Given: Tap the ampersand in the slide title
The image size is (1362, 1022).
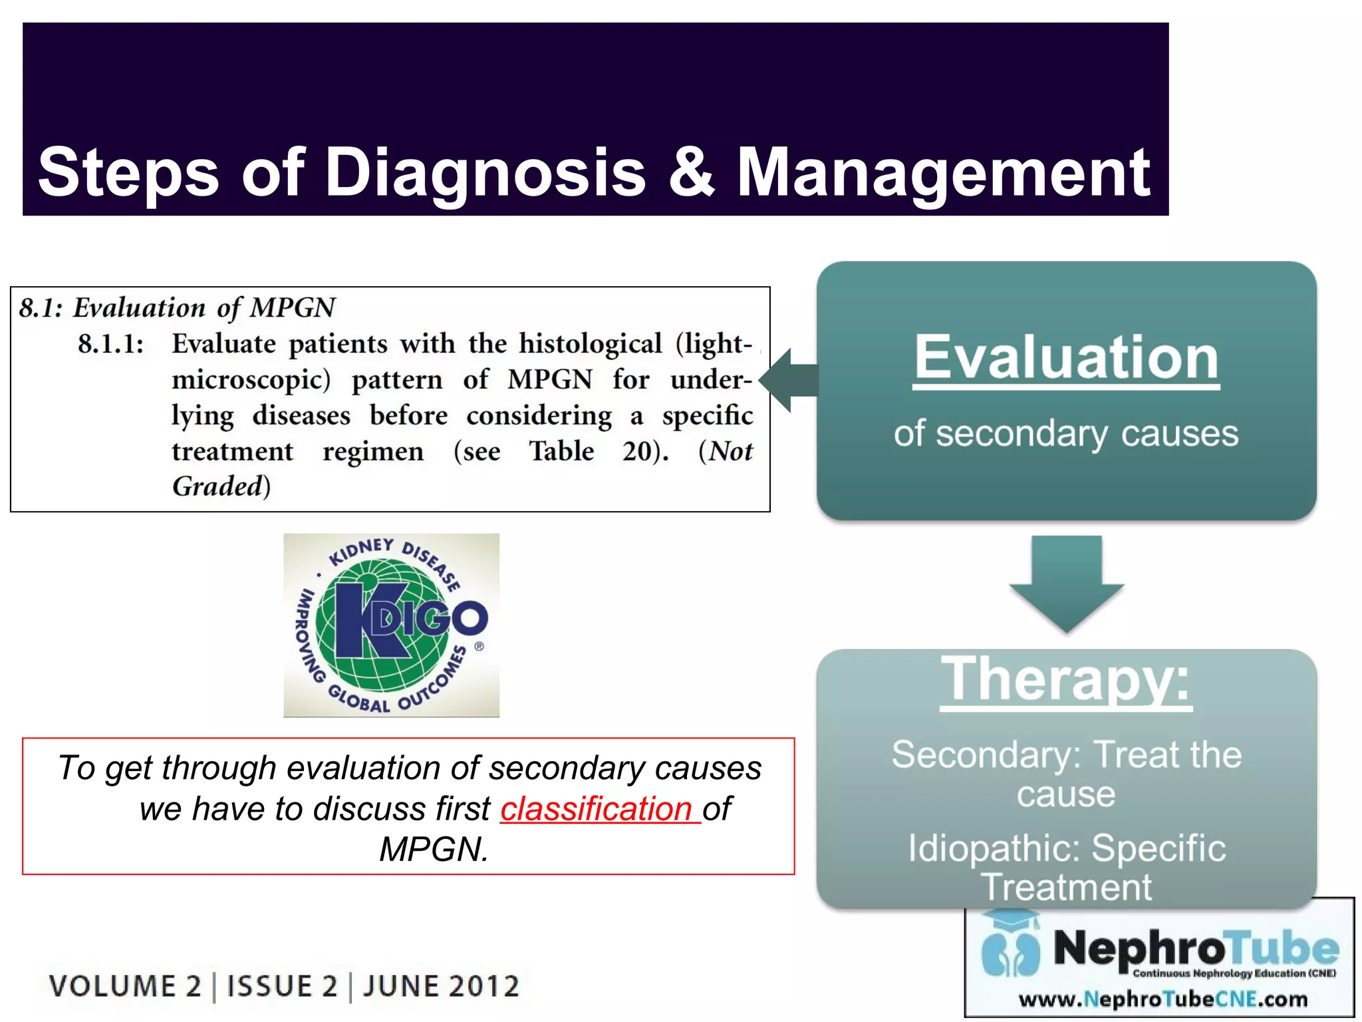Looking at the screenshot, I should tap(692, 173).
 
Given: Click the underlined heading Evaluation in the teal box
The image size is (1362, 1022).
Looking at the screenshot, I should tap(1066, 358).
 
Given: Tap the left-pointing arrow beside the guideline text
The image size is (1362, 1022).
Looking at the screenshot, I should tap(789, 381).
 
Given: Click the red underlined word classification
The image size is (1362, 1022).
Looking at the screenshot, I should tap(597, 809).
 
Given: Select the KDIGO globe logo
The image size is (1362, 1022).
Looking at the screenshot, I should tap(391, 625).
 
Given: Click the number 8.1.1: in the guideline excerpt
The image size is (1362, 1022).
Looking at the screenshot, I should tap(110, 345).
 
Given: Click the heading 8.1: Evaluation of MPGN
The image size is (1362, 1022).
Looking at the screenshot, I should tap(177, 308).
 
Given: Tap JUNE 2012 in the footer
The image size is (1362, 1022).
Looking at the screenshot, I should tap(441, 986).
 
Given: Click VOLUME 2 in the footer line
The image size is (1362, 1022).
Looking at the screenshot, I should tap(125, 986).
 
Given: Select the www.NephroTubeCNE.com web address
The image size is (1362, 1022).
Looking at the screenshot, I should tap(1163, 999).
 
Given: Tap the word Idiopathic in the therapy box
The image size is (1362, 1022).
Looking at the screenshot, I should tap(995, 848).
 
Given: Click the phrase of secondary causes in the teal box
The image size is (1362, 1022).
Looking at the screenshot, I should tap(1066, 434).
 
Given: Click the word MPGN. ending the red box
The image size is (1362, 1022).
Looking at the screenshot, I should tap(434, 850).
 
